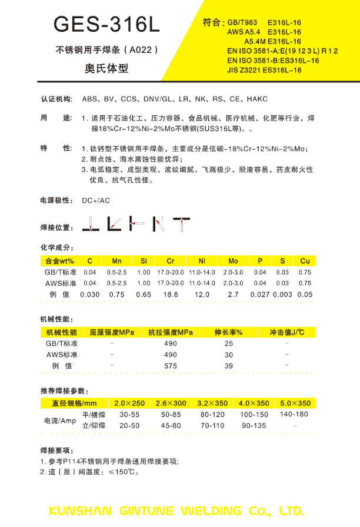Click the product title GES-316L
(106, 24)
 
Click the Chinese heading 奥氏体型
(106, 68)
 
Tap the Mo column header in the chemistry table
(233, 261)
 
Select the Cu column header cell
(305, 261)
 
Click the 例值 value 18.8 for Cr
(171, 294)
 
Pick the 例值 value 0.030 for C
(89, 294)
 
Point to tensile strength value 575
(170, 365)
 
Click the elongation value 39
(229, 365)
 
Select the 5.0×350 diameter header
(295, 403)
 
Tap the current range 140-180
(295, 414)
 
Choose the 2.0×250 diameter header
(129, 403)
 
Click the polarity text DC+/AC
(96, 201)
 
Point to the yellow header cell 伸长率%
(229, 332)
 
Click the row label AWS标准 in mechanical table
(62, 355)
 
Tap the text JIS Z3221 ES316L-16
(264, 70)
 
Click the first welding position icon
(90, 224)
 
